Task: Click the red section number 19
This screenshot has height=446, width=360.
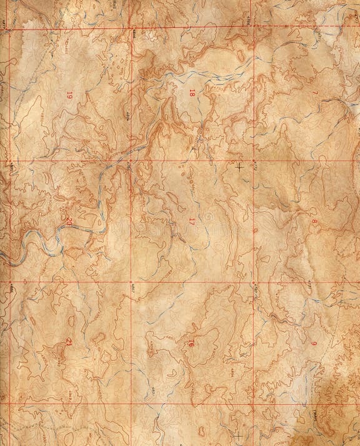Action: [69, 95]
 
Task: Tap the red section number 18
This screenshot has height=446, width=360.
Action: [192, 93]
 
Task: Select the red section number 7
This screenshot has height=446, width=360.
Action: [315, 93]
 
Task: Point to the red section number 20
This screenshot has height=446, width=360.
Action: [69, 220]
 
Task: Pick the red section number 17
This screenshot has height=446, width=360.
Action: [192, 220]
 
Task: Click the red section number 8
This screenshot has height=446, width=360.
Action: [314, 221]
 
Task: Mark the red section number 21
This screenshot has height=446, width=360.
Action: [69, 341]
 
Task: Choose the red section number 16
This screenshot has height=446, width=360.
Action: [191, 343]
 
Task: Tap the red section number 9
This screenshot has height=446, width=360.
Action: [314, 343]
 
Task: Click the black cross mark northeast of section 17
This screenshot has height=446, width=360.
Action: [239, 166]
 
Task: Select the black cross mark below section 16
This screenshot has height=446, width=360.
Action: [237, 434]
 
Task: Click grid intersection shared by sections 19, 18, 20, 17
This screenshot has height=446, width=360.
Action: [131, 161]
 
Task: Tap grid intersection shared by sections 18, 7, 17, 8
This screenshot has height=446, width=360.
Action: [254, 161]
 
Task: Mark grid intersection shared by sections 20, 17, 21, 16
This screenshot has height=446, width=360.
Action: [131, 282]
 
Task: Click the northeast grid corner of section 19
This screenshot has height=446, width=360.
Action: [132, 28]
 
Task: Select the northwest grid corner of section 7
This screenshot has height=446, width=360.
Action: [254, 28]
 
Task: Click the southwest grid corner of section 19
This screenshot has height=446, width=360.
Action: [9, 161]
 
